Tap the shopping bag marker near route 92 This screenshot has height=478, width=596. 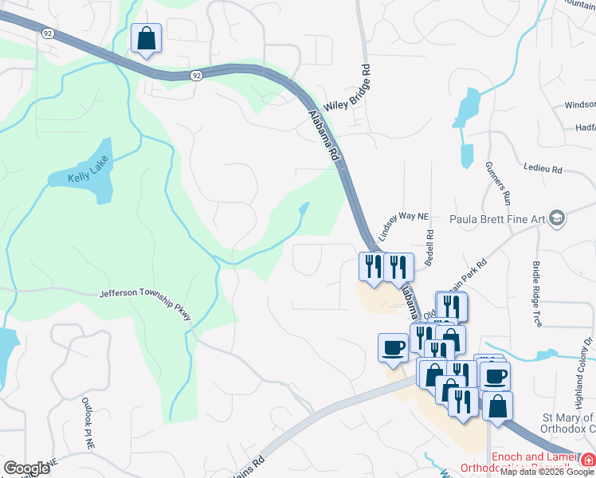[x=147, y=38]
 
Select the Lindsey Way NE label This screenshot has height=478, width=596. [x=404, y=228]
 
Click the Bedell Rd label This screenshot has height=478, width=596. [x=429, y=247]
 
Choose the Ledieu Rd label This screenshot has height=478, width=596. [x=543, y=170]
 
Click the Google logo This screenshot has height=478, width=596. [x=26, y=468]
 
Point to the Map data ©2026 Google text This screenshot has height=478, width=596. [x=547, y=472]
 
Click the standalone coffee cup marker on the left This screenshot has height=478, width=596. [x=394, y=348]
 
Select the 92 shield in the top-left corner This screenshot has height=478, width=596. [x=49, y=33]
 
